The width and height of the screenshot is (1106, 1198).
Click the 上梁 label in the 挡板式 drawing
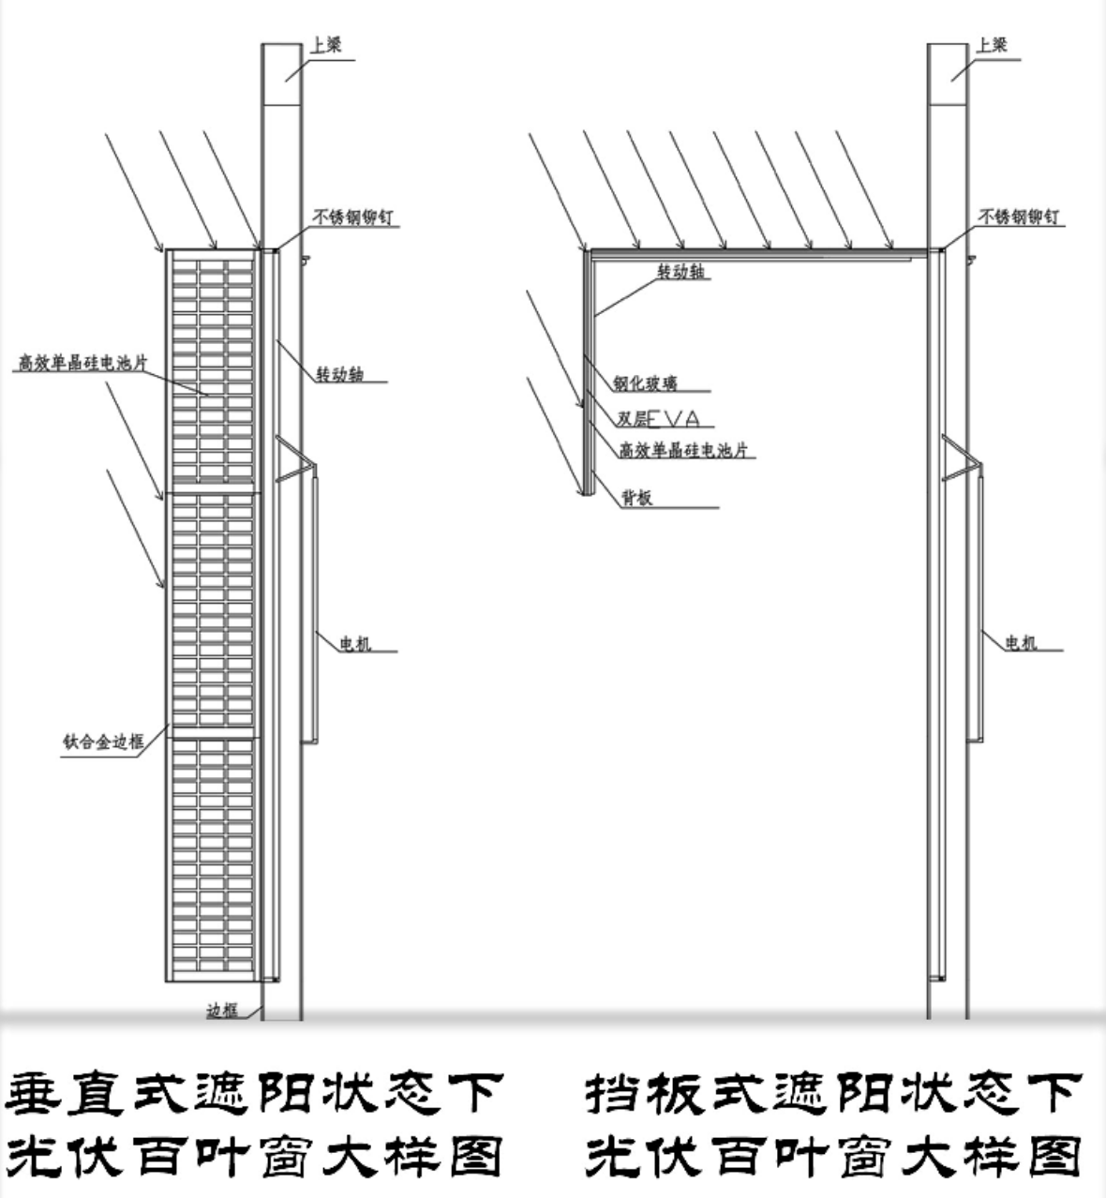(992, 44)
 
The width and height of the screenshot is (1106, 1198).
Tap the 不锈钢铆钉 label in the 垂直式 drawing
(352, 217)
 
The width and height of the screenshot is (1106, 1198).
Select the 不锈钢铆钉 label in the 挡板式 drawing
(1021, 217)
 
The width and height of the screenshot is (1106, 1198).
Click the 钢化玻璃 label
(645, 382)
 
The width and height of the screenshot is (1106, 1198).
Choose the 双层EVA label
(658, 419)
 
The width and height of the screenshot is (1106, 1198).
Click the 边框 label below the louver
(221, 1011)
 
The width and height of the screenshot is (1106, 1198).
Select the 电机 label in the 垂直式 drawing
(354, 643)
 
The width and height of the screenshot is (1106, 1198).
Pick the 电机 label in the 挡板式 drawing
(1021, 643)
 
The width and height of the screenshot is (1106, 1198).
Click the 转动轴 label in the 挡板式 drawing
(680, 272)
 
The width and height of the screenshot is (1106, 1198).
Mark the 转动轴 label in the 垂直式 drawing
(339, 375)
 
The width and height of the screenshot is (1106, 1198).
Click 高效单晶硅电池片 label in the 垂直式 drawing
(82, 363)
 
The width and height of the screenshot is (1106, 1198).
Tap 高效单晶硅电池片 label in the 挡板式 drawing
(684, 450)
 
